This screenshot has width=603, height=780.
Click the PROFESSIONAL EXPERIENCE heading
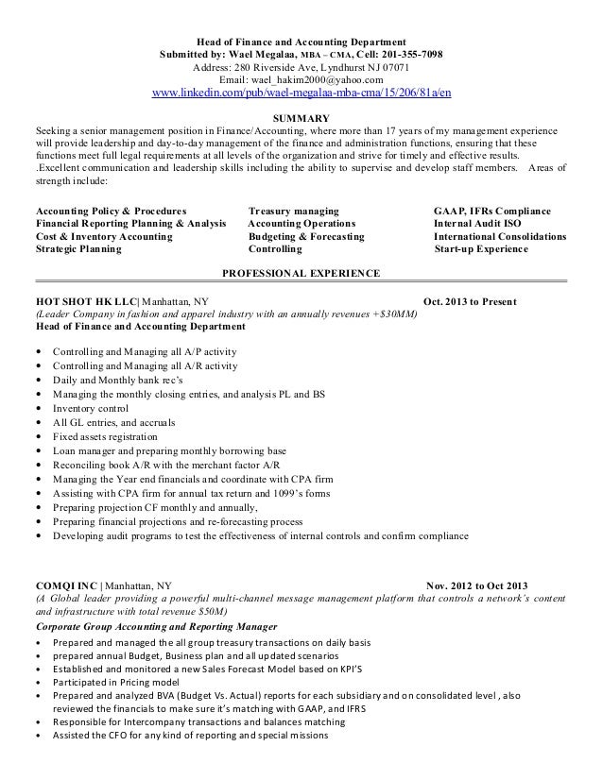[x=301, y=273]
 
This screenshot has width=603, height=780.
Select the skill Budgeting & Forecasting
[x=305, y=237]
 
